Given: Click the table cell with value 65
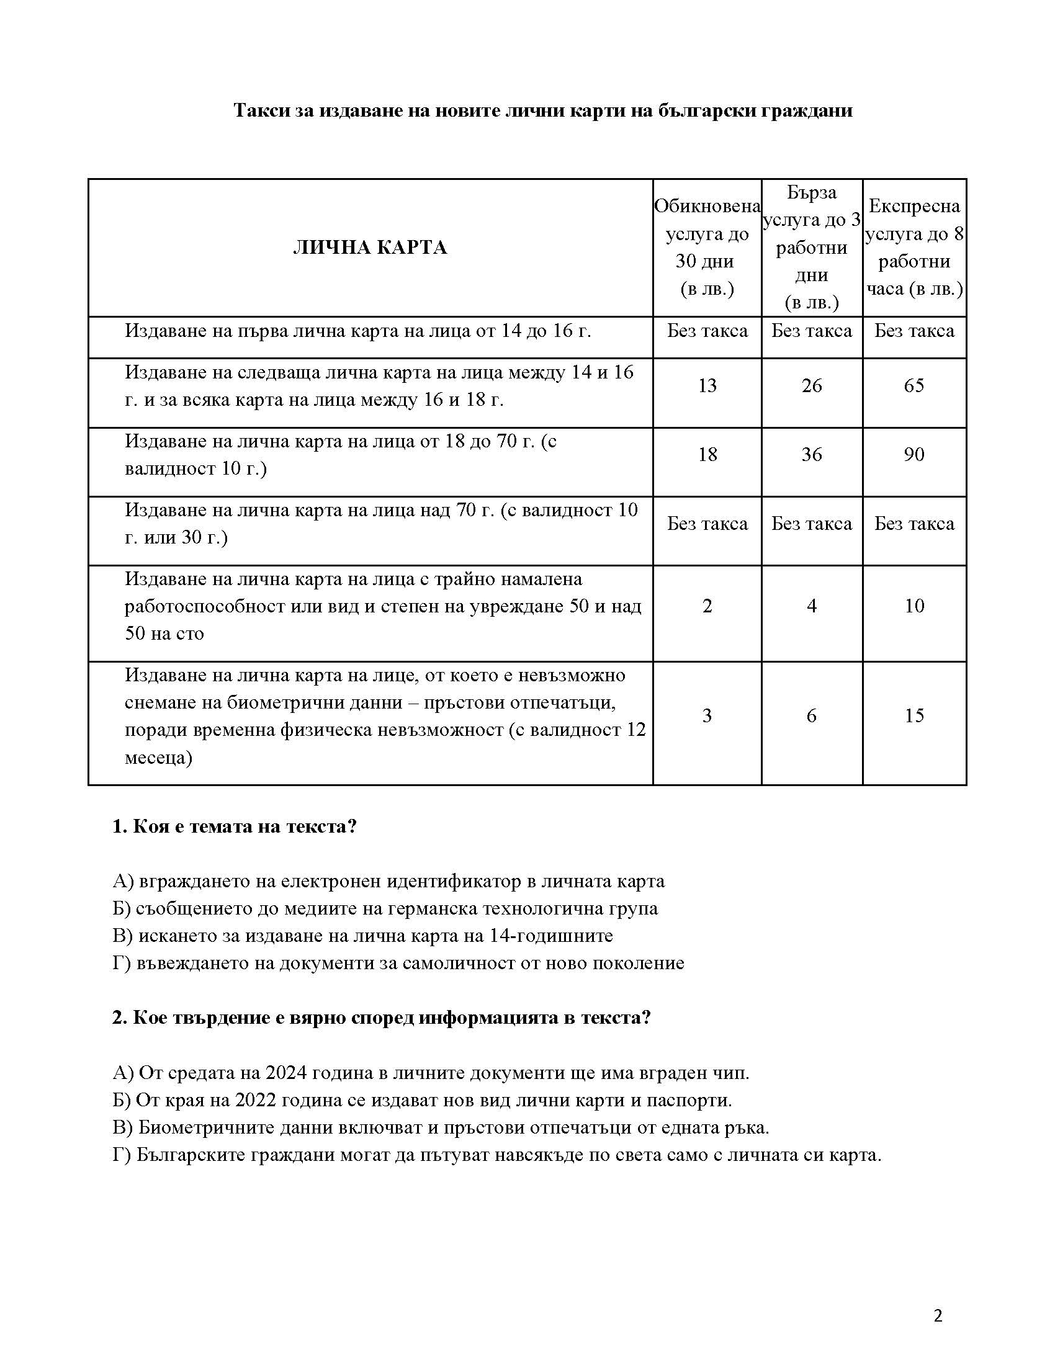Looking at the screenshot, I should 914,386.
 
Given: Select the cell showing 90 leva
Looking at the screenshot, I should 914,454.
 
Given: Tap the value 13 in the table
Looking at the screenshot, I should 707,386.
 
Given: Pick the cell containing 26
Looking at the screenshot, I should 811,386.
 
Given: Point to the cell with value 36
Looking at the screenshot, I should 811,454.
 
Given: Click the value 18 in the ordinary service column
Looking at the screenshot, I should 707,454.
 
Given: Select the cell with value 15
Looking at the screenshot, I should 914,715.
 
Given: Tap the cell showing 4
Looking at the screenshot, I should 811,606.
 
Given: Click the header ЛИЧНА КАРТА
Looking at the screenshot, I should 370,248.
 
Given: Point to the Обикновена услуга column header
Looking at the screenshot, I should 707,248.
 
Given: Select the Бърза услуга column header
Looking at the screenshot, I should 811,248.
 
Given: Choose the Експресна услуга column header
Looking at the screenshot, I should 914,248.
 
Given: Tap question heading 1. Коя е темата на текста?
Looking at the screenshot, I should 235,827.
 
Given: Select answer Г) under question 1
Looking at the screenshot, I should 398,963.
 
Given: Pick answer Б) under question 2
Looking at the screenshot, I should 422,1100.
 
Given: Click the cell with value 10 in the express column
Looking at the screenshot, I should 914,606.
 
